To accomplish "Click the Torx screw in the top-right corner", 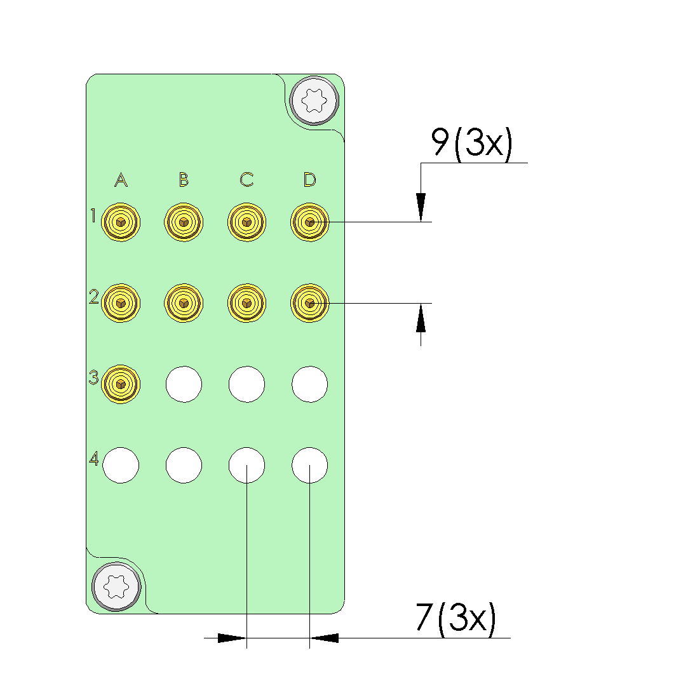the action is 314,100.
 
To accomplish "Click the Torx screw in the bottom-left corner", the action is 116,586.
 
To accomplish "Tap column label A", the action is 121,179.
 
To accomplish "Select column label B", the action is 184,179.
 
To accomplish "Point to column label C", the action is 246,179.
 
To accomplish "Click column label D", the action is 310,179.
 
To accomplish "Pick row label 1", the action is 93,215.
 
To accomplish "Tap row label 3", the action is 93,377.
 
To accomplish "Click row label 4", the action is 94,459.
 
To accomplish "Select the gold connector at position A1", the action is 121,222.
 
